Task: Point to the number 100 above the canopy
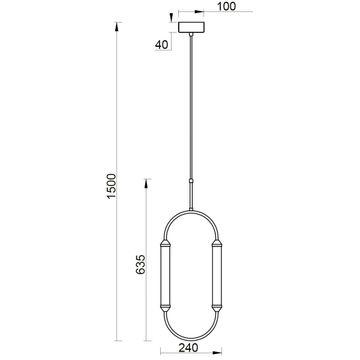click(225, 7)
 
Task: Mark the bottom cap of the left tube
click(166, 307)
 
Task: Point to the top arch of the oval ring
click(191, 211)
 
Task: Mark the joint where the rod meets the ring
click(191, 208)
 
